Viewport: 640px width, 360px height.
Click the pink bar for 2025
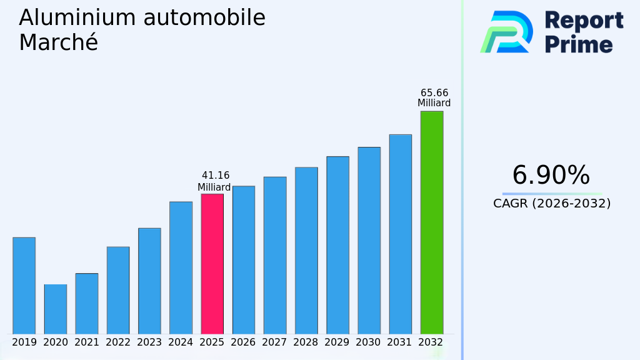(212, 264)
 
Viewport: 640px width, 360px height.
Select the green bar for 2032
(431, 222)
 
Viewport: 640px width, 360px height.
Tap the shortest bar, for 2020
(55, 309)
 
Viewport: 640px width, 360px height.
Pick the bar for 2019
(24, 286)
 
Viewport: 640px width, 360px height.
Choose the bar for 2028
(306, 251)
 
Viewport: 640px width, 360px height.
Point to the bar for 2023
(149, 281)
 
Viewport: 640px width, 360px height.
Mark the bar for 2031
(400, 234)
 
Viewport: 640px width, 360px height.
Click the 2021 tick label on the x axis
(87, 342)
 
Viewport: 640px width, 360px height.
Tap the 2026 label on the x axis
(243, 342)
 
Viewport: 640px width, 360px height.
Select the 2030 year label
(369, 342)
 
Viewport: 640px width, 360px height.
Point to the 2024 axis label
(181, 342)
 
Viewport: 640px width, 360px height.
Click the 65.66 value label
(434, 92)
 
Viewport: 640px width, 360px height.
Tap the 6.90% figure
(551, 176)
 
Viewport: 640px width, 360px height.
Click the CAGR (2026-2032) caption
(552, 204)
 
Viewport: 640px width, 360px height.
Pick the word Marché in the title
(58, 42)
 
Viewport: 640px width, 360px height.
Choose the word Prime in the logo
(579, 44)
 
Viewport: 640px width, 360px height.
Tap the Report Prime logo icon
(506, 31)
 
